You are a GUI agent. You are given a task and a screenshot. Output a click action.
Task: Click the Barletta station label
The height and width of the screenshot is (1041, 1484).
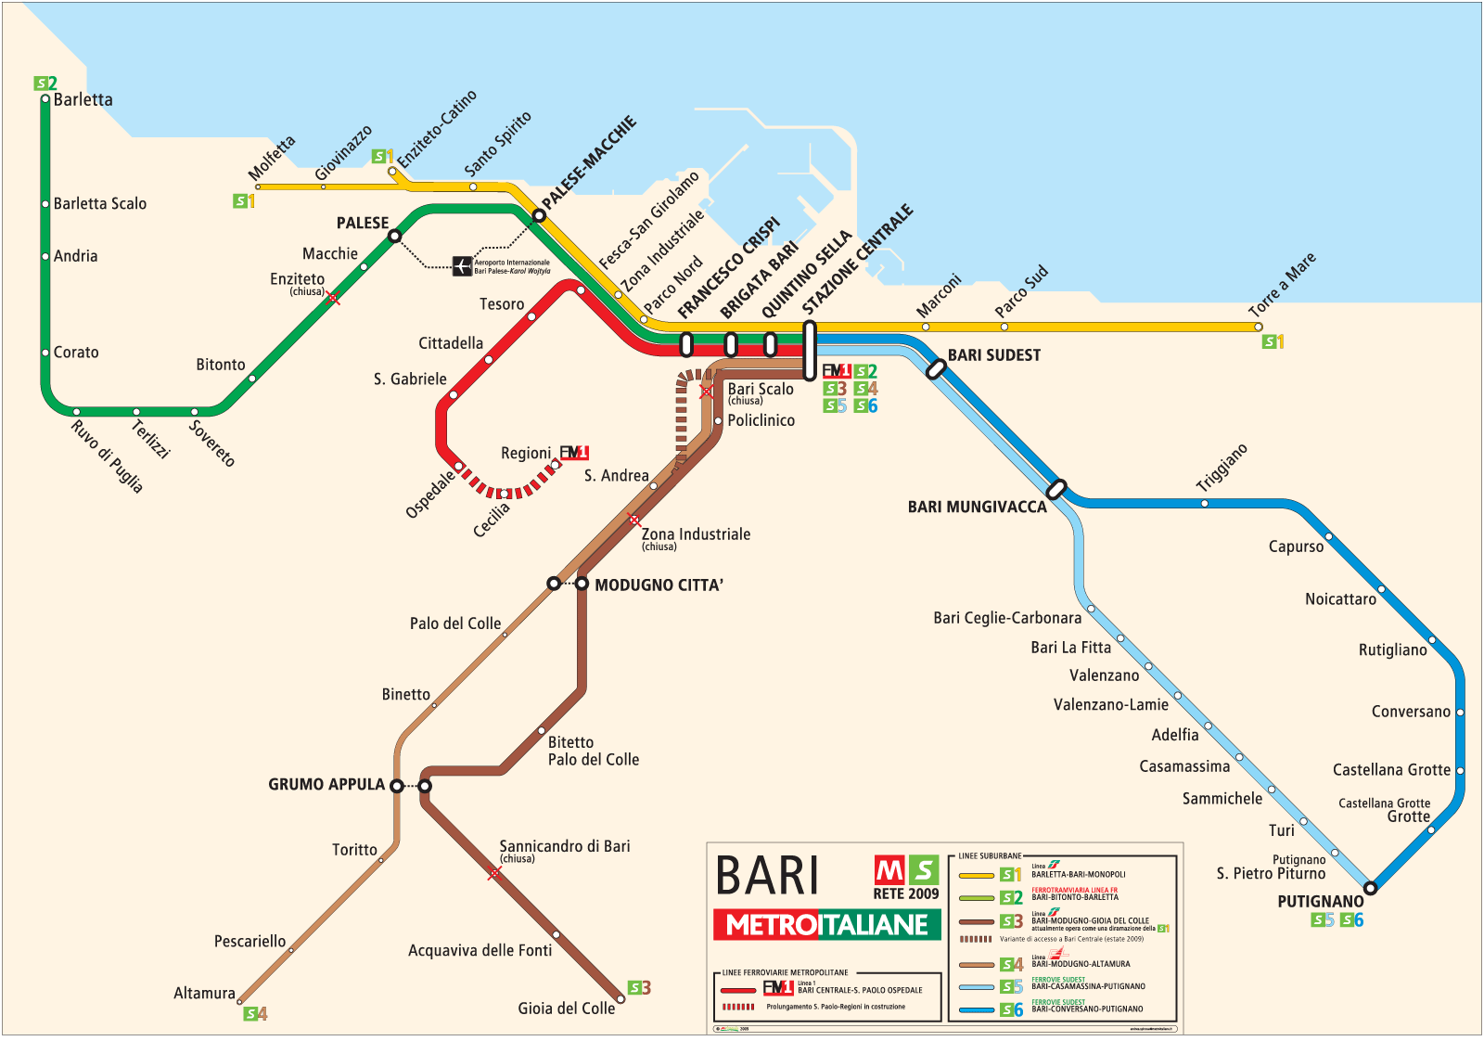click(83, 100)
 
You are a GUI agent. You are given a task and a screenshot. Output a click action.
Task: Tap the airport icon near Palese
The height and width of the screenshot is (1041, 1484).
click(462, 266)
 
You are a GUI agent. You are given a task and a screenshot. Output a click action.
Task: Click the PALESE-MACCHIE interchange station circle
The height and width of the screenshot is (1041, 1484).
click(539, 216)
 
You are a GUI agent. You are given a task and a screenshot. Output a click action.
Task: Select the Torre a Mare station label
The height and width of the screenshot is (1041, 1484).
click(1282, 284)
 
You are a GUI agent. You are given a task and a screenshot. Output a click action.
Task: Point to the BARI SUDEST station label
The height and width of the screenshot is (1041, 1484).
click(993, 355)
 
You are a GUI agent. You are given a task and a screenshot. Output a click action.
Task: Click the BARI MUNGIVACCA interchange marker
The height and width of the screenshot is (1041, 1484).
click(1055, 489)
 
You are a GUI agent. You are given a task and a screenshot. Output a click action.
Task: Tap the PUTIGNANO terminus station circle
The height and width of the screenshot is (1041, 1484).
click(1370, 888)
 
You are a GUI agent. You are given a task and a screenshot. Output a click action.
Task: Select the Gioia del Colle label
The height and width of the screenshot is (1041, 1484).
click(566, 1009)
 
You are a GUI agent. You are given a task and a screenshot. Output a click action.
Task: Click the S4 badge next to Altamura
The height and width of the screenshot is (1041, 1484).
click(255, 1014)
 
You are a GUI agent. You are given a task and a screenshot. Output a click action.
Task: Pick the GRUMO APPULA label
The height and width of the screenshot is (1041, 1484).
click(326, 785)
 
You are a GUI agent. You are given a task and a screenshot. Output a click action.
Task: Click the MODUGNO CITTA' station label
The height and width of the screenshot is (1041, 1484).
click(659, 585)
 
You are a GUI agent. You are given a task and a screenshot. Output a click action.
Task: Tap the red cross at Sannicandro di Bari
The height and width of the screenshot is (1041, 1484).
click(493, 873)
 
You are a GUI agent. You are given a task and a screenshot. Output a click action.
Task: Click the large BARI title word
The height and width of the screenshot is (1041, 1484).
click(767, 876)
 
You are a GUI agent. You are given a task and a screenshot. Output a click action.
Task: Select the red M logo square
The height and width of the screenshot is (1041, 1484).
click(889, 870)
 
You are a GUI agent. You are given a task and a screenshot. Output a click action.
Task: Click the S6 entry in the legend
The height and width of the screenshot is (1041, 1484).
click(1011, 1009)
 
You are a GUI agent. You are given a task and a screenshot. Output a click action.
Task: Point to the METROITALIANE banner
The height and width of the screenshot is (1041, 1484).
click(826, 925)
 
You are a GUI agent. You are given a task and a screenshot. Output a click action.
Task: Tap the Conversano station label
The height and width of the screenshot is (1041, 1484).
click(1410, 712)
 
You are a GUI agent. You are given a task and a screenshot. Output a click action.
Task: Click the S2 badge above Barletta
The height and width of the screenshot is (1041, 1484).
click(45, 84)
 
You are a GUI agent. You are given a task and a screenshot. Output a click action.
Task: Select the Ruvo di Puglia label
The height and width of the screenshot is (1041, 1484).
click(107, 456)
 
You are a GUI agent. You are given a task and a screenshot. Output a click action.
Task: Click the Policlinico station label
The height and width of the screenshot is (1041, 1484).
click(761, 420)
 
